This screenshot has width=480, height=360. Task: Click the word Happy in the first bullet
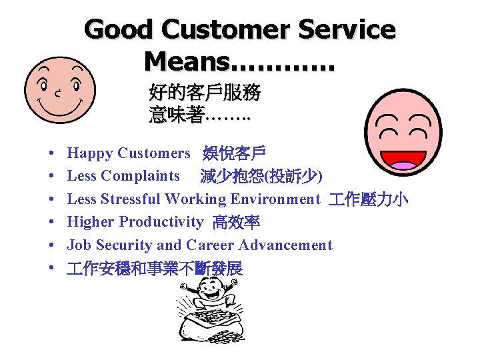pos(90,153)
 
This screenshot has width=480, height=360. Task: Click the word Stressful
pos(130,199)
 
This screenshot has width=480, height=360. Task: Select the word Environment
pos(275,199)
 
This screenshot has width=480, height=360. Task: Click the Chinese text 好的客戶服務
pos(205,93)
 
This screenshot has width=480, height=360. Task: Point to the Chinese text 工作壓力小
pos(368,199)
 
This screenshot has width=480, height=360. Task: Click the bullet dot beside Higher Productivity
pos(51,222)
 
